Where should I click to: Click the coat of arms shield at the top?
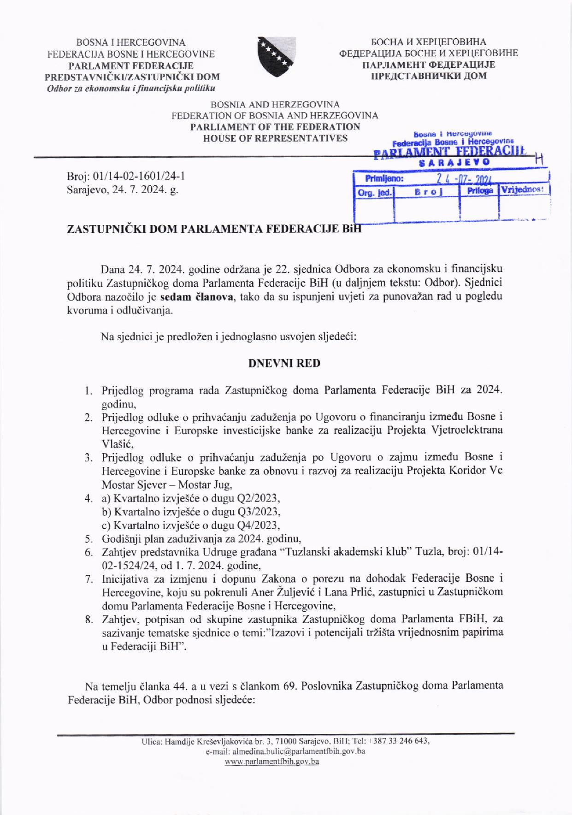coord(277,52)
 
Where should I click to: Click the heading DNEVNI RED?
coord(284,363)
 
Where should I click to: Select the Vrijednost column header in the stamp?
coord(523,190)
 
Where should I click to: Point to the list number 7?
coord(88,579)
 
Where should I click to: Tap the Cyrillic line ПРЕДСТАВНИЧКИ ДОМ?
coord(429,76)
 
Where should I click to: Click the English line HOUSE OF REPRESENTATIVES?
coord(275,138)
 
